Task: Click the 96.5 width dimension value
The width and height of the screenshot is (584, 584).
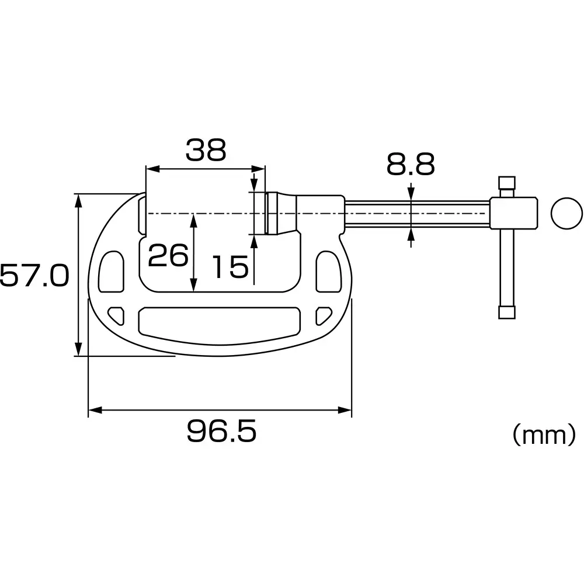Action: [x=221, y=433]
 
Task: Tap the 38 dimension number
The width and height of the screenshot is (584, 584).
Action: [x=206, y=151]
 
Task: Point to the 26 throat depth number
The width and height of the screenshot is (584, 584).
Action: [x=168, y=256]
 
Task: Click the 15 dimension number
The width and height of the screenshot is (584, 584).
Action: [x=230, y=267]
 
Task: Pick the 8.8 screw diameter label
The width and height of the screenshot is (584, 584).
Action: [x=411, y=166]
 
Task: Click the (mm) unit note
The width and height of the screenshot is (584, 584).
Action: [x=544, y=434]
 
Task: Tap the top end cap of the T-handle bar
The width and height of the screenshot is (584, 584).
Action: [x=506, y=182]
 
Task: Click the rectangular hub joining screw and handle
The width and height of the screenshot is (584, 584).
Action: [x=513, y=213]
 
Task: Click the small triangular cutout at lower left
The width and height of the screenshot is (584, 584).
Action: [x=117, y=315]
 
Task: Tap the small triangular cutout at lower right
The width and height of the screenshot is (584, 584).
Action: [x=321, y=315]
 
